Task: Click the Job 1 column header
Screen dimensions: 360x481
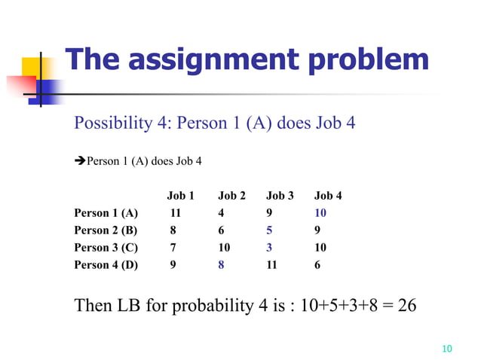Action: point(180,196)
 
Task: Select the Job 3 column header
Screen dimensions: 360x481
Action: point(280,196)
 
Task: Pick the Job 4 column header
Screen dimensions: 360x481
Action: point(328,196)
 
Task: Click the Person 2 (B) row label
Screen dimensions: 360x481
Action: point(106,230)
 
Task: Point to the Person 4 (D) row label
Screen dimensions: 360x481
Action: point(106,264)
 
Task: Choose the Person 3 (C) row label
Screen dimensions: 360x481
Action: point(106,248)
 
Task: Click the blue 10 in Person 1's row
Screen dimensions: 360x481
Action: point(320,213)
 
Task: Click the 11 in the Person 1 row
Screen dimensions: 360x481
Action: point(176,213)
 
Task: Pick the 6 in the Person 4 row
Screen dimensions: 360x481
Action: point(317,264)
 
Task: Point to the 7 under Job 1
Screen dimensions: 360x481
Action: point(173,248)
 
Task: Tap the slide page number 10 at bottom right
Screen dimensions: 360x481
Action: point(446,348)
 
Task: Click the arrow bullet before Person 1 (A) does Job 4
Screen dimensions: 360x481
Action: point(79,160)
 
